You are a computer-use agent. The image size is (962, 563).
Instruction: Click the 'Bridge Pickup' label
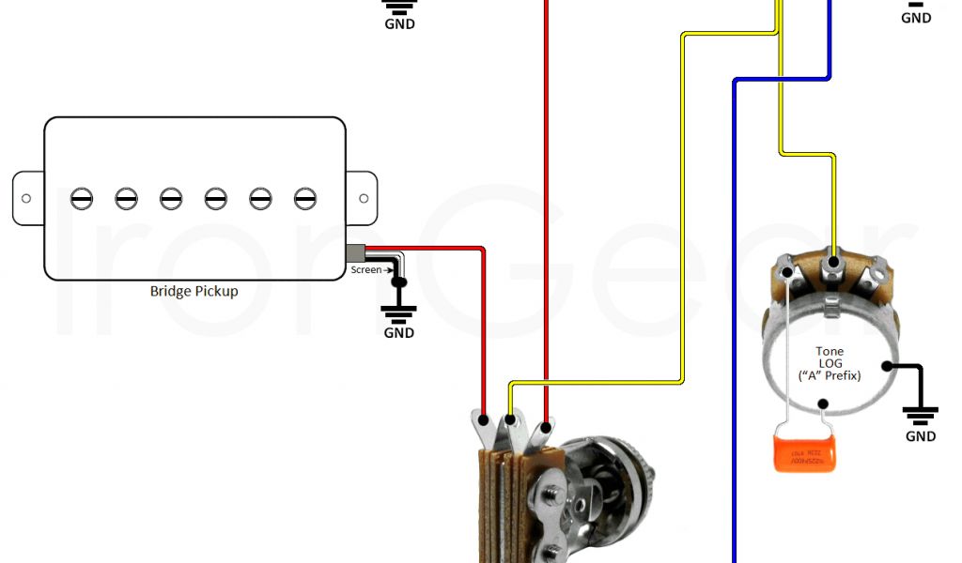click(x=194, y=291)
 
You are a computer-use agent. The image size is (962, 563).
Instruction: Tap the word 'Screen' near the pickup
click(x=365, y=270)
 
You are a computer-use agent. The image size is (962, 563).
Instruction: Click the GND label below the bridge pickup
click(x=398, y=333)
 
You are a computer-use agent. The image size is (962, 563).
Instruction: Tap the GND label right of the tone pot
click(x=920, y=436)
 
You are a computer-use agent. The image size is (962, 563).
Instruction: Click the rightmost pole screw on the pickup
click(x=304, y=198)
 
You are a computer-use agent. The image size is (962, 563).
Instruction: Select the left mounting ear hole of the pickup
click(x=26, y=198)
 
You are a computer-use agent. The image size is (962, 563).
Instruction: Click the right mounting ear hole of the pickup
click(x=364, y=198)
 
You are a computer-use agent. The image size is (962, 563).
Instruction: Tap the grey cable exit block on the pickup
click(x=355, y=253)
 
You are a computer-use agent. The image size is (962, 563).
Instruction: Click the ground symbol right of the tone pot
click(x=920, y=413)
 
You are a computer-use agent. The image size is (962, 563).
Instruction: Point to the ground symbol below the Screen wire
click(x=398, y=311)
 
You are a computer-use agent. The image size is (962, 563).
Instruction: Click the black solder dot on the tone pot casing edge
click(x=887, y=365)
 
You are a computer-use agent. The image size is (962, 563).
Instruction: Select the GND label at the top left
click(x=399, y=23)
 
